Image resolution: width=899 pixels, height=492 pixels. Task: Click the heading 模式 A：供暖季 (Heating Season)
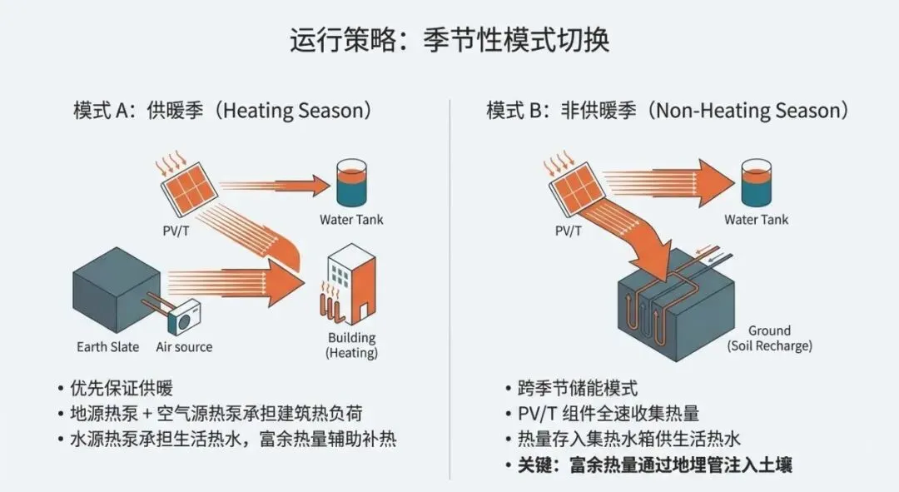tap(222, 111)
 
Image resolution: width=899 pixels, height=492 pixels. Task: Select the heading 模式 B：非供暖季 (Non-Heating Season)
tap(668, 111)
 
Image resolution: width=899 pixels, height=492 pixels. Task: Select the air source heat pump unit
tap(184, 317)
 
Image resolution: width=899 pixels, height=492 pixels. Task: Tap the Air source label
tap(184, 346)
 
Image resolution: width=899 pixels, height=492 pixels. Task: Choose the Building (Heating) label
tap(350, 345)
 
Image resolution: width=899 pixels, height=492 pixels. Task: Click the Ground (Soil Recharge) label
tap(769, 338)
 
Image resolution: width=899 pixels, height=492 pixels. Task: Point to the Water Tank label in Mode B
tap(756, 220)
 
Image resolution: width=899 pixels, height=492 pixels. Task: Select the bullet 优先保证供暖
tap(122, 388)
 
